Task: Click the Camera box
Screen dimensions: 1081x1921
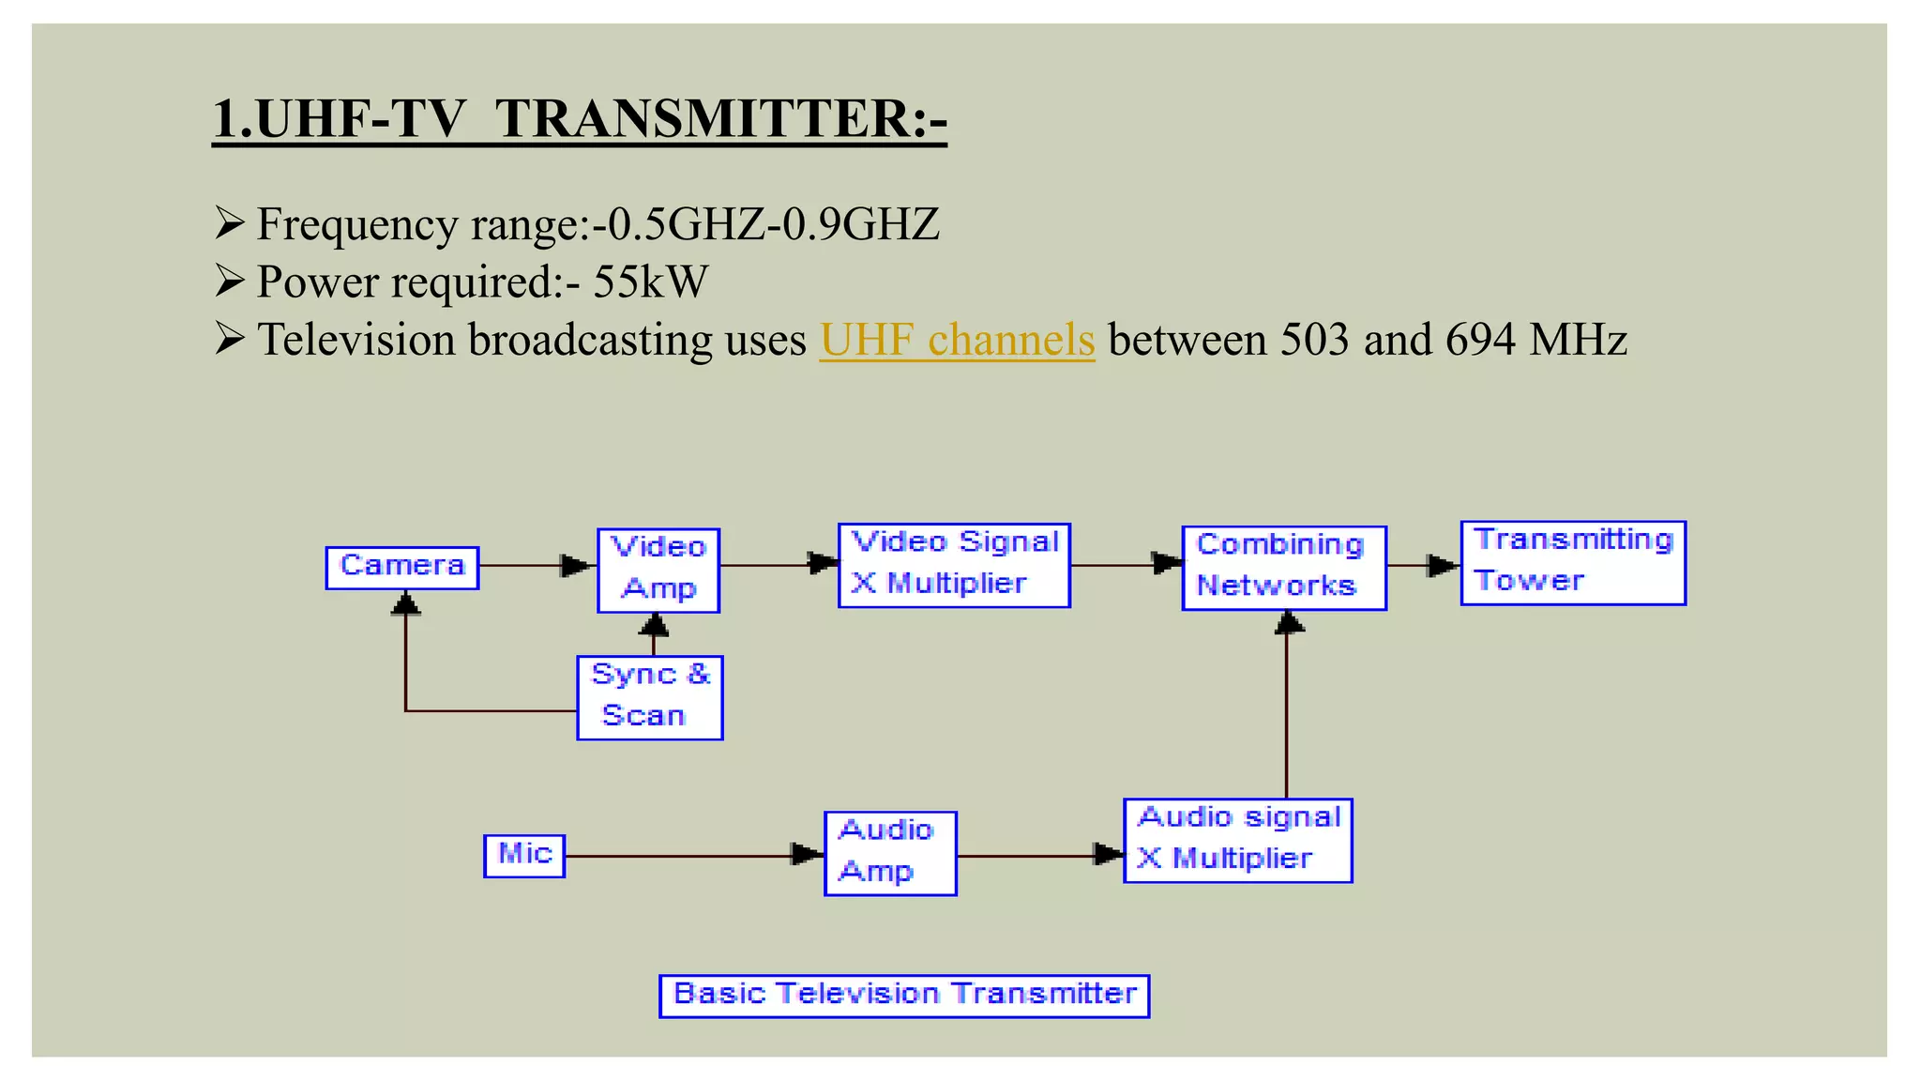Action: (x=402, y=568)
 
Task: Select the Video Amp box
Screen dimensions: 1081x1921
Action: (x=658, y=570)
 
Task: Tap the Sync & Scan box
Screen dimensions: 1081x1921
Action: (x=650, y=697)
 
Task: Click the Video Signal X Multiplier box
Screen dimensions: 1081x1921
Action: (x=954, y=565)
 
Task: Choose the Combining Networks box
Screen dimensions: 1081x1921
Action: (x=1283, y=568)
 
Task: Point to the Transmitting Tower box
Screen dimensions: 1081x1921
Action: (x=1573, y=562)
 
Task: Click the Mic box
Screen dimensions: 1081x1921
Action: (x=524, y=855)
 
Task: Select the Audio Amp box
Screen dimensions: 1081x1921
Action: (x=890, y=853)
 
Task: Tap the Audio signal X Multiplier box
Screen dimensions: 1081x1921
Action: (x=1238, y=840)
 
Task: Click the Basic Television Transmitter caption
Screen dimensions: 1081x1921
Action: (x=904, y=995)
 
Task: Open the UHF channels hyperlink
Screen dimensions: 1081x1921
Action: (x=957, y=340)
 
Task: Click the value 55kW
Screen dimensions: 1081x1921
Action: (x=651, y=282)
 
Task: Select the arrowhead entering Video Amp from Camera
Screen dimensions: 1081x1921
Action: (x=576, y=565)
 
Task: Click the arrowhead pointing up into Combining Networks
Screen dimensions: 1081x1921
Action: (x=1289, y=622)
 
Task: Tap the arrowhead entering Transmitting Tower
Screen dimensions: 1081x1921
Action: (x=1442, y=565)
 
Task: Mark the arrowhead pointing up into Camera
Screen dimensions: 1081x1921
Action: (x=405, y=602)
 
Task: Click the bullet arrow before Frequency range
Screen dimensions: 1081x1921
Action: (x=229, y=222)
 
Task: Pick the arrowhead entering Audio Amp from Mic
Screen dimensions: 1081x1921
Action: (x=807, y=854)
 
